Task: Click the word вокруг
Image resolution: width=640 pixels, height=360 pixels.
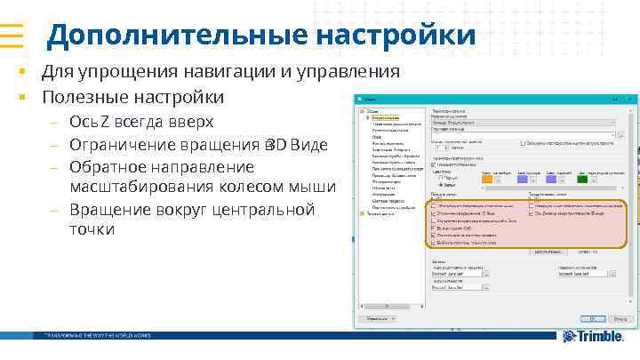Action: [x=169, y=210]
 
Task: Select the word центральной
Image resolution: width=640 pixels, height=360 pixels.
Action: [x=264, y=210]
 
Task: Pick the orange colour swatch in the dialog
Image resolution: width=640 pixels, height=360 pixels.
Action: [x=487, y=179]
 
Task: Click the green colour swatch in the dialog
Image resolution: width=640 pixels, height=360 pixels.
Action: [x=582, y=179]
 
